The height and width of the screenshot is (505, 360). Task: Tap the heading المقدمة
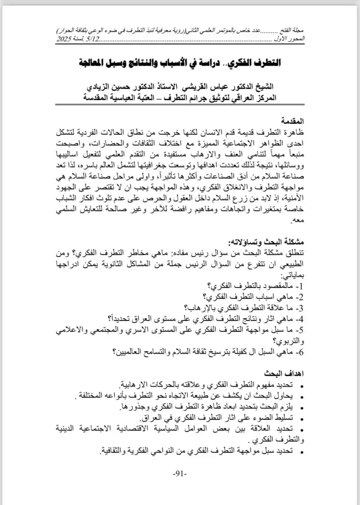pos(289,120)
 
